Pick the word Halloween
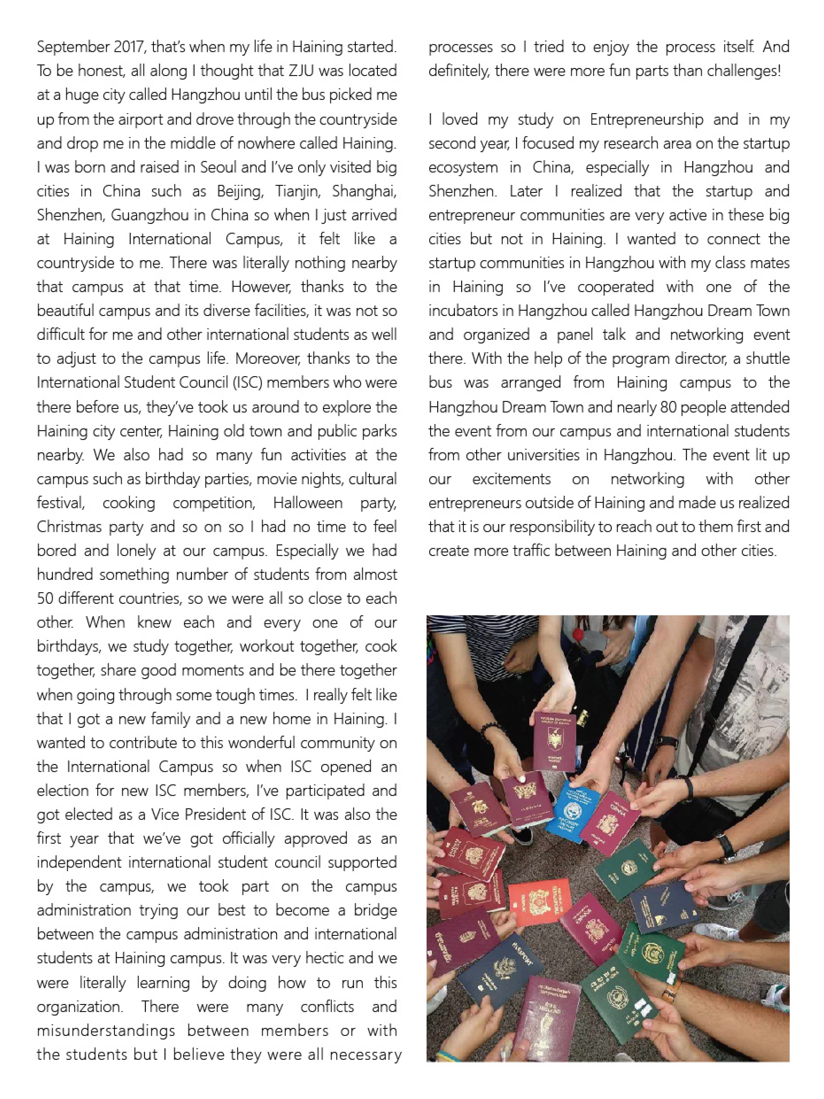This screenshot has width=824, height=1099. (x=307, y=503)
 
